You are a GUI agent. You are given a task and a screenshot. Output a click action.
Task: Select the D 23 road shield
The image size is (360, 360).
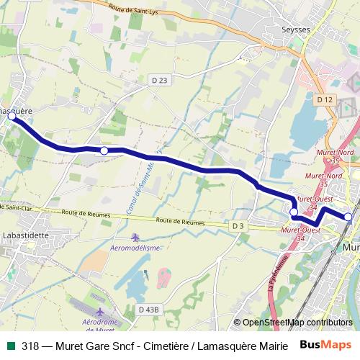[160, 81]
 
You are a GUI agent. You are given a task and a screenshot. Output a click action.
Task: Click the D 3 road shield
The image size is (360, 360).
[238, 225]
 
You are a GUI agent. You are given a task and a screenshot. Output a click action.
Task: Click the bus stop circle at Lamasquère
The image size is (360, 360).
[12, 115]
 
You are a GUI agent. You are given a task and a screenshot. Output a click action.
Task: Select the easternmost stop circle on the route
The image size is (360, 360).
[348, 216]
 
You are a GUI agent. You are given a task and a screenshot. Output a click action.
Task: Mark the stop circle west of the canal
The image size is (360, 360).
[104, 150]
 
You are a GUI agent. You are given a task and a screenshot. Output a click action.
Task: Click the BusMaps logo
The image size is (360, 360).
[325, 345]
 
